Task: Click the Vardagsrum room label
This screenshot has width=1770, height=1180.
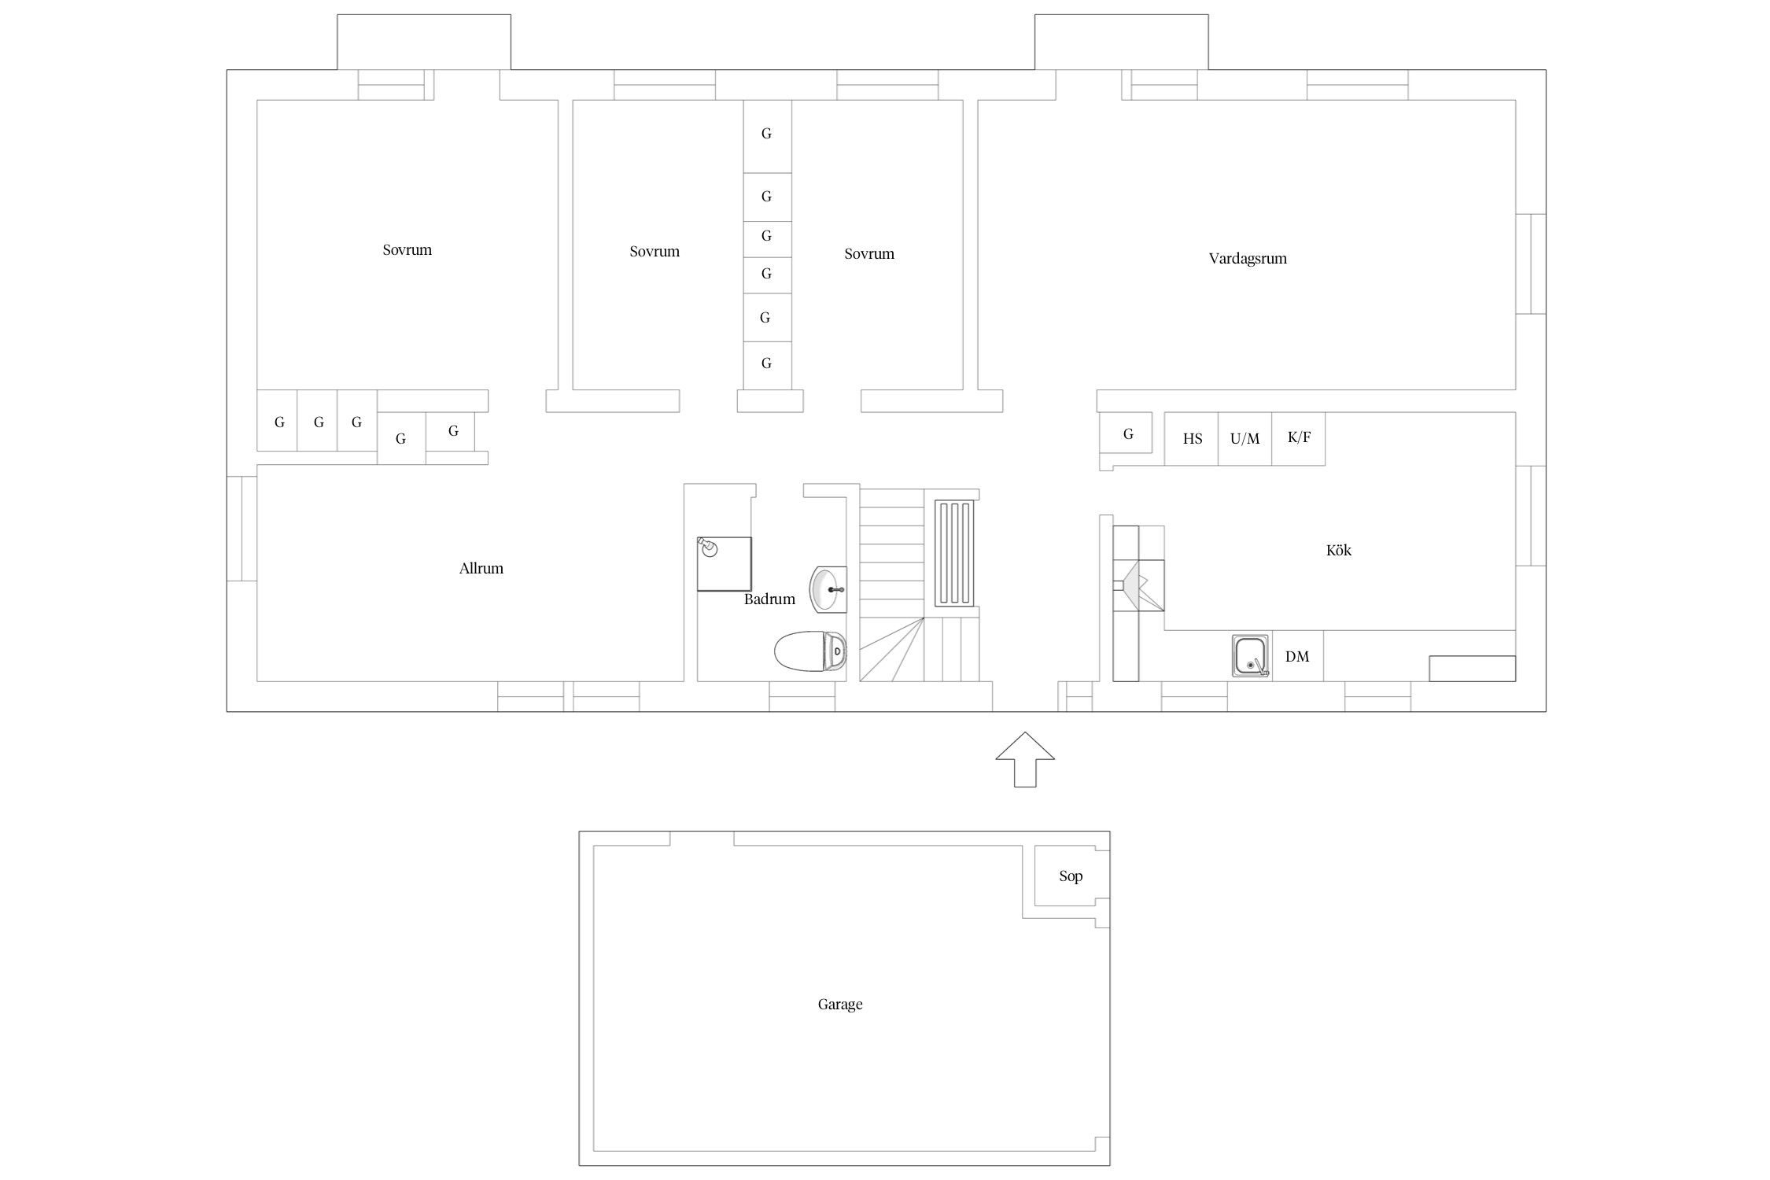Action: [1248, 259]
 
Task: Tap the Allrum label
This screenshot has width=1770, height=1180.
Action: [481, 568]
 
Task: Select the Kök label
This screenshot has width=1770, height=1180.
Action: [1338, 550]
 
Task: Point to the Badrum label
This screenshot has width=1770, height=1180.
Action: [769, 599]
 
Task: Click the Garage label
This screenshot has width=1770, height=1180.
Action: [840, 1005]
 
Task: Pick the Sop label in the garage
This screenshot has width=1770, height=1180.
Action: [1071, 876]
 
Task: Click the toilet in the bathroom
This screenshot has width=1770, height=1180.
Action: [810, 651]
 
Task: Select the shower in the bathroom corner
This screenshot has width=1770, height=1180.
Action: [724, 563]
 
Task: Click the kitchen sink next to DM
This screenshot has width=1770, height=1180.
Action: [1251, 656]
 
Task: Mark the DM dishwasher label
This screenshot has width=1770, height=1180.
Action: [1297, 656]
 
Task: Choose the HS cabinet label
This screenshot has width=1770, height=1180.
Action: [1193, 439]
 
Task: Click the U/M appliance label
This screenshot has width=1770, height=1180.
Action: [1245, 439]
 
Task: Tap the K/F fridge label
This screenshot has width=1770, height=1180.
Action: [1299, 437]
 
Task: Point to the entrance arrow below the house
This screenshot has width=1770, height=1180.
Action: [1025, 759]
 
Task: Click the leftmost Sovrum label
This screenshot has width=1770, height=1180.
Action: [407, 250]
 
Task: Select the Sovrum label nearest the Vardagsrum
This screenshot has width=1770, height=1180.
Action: [869, 254]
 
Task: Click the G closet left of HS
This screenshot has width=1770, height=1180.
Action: [1128, 434]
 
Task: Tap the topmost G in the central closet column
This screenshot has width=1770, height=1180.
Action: [766, 134]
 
